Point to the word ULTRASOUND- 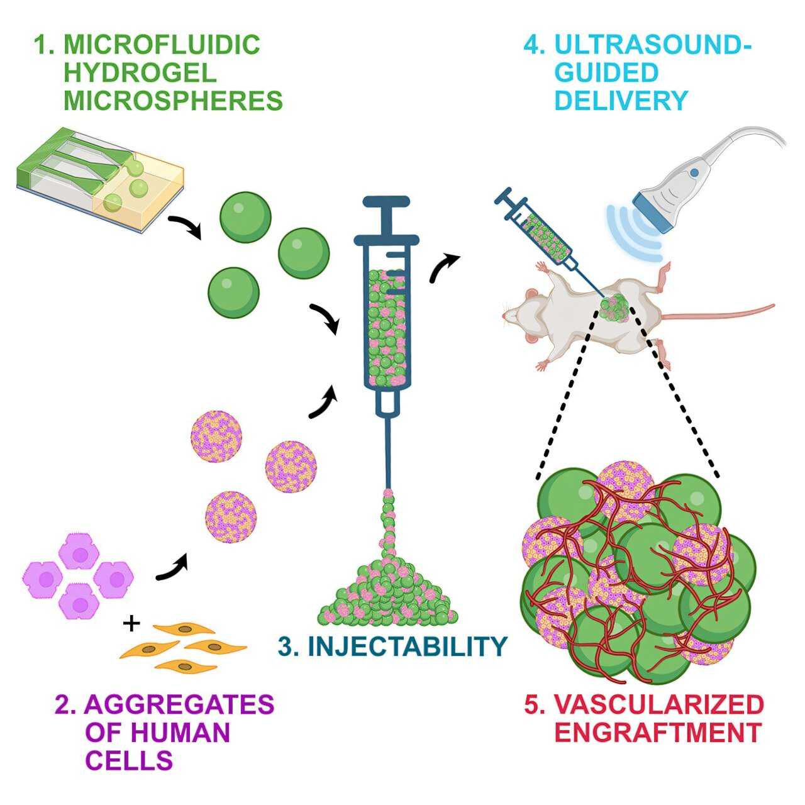(653, 45)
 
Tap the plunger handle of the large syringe (386, 203)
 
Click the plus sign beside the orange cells (131, 624)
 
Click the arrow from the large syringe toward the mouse (443, 267)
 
